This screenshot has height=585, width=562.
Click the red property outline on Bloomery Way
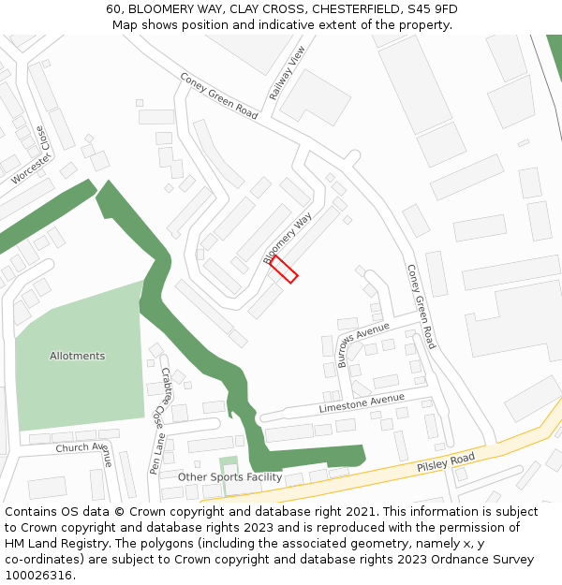pos(284,269)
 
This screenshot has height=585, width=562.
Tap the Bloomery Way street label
pos(288,238)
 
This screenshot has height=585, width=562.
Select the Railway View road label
pos(288,73)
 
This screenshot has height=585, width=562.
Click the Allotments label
pos(77,356)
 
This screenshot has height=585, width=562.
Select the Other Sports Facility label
pos(229,476)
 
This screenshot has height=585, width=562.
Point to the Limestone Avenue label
pos(362,403)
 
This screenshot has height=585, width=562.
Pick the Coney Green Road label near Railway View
pos(218,96)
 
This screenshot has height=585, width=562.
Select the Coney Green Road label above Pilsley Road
pos(421,306)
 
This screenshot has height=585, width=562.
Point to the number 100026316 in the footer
pos(38,575)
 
